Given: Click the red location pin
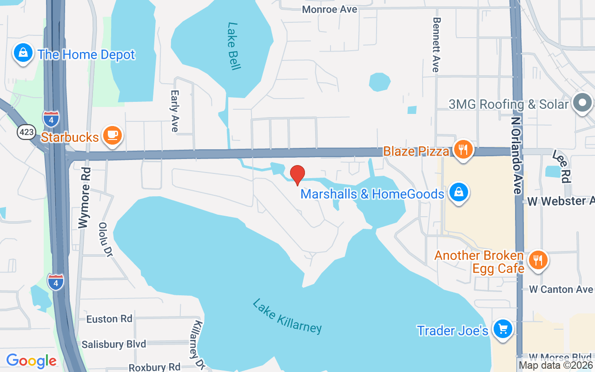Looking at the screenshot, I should [297, 175].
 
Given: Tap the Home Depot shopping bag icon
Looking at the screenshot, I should [23, 54].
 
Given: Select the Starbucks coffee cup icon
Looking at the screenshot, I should [112, 136].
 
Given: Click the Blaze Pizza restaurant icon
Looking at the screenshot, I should [463, 150].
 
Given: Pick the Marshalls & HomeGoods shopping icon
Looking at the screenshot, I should [459, 193].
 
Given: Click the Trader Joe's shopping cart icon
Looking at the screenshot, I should [502, 329].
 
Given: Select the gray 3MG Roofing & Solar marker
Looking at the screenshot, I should [582, 103].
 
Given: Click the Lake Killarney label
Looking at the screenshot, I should [287, 316].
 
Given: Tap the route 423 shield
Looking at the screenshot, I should [26, 132].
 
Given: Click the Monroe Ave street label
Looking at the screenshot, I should [330, 9].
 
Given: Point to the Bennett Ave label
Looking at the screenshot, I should [436, 45].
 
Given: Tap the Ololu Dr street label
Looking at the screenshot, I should [106, 239].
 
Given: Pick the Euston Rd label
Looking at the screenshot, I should [109, 319].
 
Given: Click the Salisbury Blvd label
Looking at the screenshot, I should [114, 345].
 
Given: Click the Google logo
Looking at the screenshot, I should [31, 361].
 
